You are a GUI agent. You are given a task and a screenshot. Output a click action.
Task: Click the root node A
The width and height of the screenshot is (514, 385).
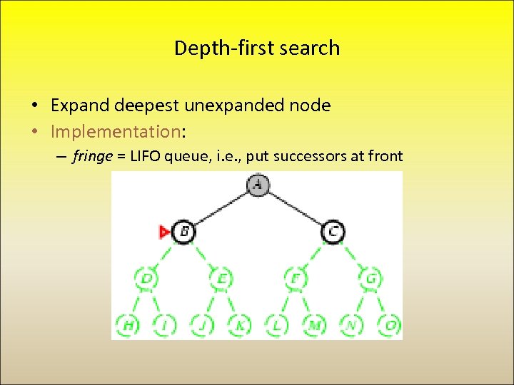(x=257, y=185)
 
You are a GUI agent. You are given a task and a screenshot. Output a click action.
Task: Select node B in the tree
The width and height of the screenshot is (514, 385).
(x=183, y=232)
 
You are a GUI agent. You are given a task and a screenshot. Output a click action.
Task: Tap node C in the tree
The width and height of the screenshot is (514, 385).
(x=333, y=232)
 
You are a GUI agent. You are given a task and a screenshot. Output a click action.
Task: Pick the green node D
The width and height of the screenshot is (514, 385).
(x=146, y=278)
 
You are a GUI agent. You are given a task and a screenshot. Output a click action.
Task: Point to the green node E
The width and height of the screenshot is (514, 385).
(x=221, y=278)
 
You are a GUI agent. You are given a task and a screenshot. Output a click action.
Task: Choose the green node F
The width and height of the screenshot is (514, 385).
(x=296, y=278)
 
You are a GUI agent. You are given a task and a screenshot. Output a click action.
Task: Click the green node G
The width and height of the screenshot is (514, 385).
(x=371, y=278)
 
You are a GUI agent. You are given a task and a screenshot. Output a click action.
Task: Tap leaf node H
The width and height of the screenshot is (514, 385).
(x=128, y=325)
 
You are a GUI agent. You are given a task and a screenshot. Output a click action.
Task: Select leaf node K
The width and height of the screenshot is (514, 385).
(x=240, y=325)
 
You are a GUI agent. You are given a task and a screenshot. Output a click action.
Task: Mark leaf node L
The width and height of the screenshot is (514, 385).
(x=277, y=325)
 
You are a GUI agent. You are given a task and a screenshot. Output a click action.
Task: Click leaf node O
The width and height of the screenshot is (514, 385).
(x=390, y=325)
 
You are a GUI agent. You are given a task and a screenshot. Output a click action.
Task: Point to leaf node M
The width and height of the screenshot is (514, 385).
(x=314, y=325)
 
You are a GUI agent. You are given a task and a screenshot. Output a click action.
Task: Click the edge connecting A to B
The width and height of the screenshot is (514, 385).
(x=220, y=208)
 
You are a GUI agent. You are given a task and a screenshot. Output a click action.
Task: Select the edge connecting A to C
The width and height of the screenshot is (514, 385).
(x=295, y=208)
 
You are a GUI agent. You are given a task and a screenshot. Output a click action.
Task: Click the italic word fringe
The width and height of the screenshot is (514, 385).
(x=92, y=156)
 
